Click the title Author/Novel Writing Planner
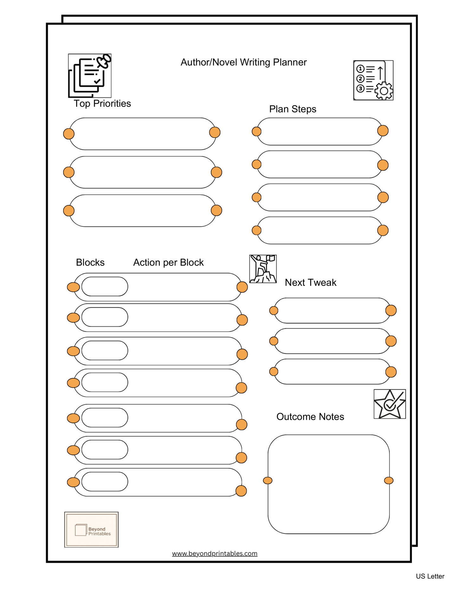(x=243, y=62)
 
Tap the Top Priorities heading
(x=102, y=104)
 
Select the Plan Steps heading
(x=293, y=109)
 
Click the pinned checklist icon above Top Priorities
(x=90, y=75)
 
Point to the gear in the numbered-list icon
(x=384, y=91)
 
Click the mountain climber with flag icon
(x=263, y=269)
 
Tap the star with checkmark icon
(x=390, y=404)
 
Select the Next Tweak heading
(x=310, y=282)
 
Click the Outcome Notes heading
(x=310, y=417)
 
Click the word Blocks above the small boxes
(x=90, y=262)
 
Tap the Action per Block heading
(x=168, y=262)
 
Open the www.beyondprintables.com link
(x=215, y=553)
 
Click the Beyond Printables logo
(x=91, y=529)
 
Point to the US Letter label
(x=430, y=576)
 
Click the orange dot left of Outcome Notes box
(x=268, y=480)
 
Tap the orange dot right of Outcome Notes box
(x=389, y=480)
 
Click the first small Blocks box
(x=105, y=287)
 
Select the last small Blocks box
(x=105, y=482)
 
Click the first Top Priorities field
(x=142, y=134)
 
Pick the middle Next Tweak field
(x=332, y=341)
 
